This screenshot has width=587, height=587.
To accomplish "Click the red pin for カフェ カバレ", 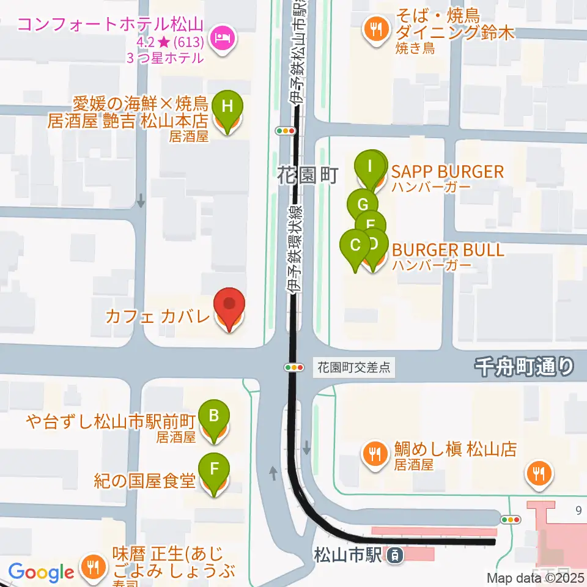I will [x=229, y=305].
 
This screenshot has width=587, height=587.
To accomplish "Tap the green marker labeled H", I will [x=227, y=106].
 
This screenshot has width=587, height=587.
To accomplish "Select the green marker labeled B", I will [x=213, y=416].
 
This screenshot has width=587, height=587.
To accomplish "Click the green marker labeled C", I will [x=355, y=246].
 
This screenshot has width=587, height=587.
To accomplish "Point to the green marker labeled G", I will [x=362, y=204].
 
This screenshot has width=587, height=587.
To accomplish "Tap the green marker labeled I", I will [x=369, y=165].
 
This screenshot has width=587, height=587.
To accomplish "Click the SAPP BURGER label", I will [x=448, y=171].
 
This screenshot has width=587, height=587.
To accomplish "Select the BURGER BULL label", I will [x=448, y=250].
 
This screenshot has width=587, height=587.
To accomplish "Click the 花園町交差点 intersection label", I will [x=354, y=368].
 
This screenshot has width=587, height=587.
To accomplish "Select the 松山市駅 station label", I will [x=348, y=555].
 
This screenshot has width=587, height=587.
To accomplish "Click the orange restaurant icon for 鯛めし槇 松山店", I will [x=373, y=454].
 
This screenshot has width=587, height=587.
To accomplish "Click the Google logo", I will [x=41, y=573].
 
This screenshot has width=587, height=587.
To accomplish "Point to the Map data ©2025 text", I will [x=535, y=577].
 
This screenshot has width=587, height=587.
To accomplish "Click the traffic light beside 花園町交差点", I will [x=294, y=367].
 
